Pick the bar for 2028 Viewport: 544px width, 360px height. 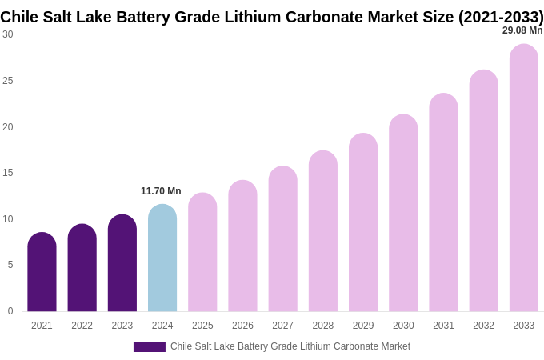click(323, 231)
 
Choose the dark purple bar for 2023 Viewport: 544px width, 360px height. click(122, 263)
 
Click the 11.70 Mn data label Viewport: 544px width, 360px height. click(161, 191)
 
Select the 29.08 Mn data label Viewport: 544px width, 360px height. click(522, 30)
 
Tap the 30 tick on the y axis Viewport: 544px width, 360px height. click(8, 34)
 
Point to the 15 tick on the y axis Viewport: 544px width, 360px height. click(8, 173)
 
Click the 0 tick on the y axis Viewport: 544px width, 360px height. click(10, 311)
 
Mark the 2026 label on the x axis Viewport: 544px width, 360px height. click(242, 326)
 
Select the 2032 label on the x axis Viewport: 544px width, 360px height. click(483, 326)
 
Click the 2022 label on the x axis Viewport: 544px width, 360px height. click(82, 326)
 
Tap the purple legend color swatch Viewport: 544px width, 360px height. click(149, 347)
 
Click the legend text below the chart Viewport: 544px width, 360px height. click(290, 346)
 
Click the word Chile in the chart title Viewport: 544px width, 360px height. click(18, 17)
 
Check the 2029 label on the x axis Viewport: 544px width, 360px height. click(363, 326)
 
